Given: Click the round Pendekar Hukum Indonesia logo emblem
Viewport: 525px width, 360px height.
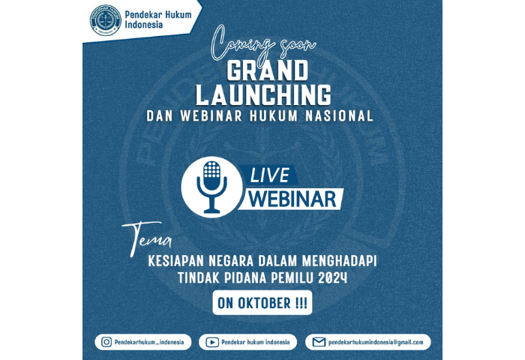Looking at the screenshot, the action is (106, 20).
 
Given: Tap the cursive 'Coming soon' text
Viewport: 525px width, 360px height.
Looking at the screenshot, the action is (262, 43).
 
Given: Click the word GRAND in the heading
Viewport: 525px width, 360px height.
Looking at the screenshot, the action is (267, 70).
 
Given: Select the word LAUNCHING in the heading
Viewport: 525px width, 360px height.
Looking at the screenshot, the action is (263, 94).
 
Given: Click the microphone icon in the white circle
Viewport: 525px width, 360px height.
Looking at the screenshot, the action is (211, 187).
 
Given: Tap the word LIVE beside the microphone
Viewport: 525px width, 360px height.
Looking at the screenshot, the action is (270, 175).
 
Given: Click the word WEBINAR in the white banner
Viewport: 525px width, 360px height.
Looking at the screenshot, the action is (292, 199).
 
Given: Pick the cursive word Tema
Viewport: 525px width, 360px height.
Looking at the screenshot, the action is (147, 238).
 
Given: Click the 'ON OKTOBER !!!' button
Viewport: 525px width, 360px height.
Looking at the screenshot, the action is (262, 303).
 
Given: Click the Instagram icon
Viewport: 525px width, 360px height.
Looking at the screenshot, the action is (106, 342).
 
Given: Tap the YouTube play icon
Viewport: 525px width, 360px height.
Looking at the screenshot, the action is (212, 342).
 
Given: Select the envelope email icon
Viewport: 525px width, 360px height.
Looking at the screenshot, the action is (319, 342).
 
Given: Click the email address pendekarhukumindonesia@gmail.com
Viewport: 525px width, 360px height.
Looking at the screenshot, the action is (376, 342).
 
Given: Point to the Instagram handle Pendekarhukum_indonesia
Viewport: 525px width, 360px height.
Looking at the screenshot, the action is (149, 342).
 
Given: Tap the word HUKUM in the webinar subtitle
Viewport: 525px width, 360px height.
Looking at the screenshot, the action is (274, 115).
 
